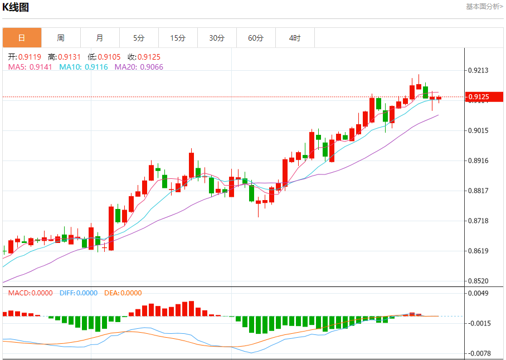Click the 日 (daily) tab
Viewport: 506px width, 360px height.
tap(22, 38)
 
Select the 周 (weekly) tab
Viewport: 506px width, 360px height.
tap(61, 38)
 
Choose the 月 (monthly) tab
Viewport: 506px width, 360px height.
tap(100, 38)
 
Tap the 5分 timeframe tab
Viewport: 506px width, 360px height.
tap(139, 38)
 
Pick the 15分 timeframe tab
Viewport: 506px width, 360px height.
tap(178, 38)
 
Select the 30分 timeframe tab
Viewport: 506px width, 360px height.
tap(217, 38)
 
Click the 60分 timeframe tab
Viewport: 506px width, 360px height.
tap(256, 38)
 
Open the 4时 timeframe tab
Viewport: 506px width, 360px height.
tap(295, 38)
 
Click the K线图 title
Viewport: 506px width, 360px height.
tap(16, 7)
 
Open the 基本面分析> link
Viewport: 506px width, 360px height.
tap(484, 7)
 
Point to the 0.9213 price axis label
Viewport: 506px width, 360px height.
tap(478, 70)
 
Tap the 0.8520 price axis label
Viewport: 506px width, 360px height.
tap(478, 281)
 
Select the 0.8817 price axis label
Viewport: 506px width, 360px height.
tap(478, 191)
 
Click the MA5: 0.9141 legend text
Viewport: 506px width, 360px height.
tap(30, 67)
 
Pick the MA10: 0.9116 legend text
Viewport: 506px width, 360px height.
tap(84, 67)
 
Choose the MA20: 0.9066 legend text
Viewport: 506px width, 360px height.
tap(139, 67)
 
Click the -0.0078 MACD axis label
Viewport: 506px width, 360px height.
tap(479, 353)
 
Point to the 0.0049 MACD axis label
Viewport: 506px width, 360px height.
tap(478, 293)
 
